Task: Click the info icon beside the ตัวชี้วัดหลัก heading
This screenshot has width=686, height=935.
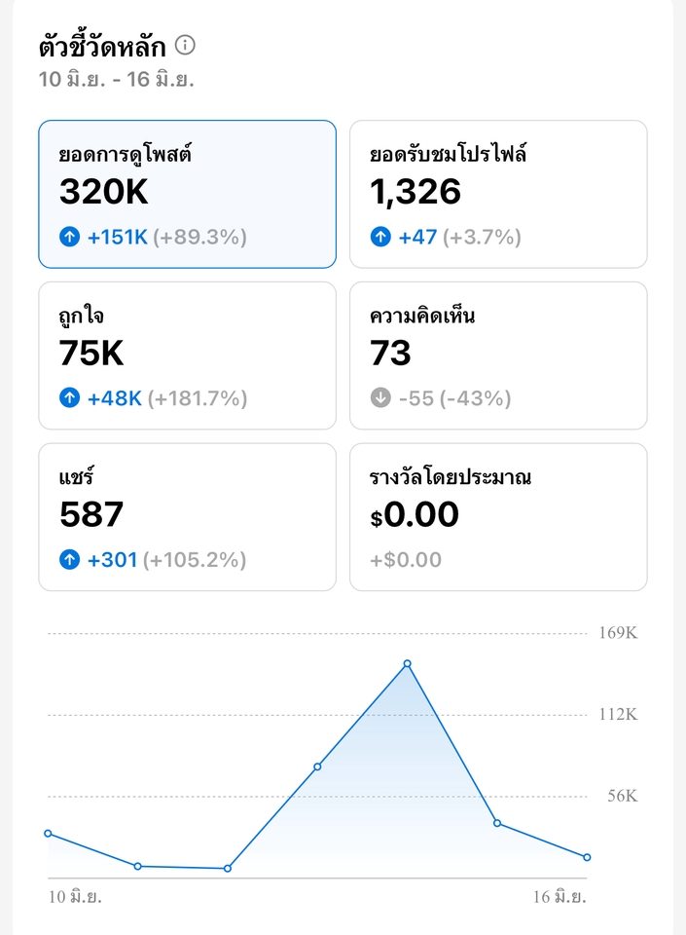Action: pos(185,45)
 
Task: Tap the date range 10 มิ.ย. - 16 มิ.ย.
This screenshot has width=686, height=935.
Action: pos(117,80)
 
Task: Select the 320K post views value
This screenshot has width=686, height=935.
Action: pos(104,192)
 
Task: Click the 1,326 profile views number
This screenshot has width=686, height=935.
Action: pos(415,192)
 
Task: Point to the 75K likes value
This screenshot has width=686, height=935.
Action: pos(92,354)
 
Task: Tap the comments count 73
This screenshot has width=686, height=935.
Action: pos(390,354)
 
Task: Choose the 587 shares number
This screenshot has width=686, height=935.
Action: pos(91,514)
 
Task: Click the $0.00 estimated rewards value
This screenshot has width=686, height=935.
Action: pos(415,514)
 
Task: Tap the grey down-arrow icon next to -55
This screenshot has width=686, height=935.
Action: pos(380,398)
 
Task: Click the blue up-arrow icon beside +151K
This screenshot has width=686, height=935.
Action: pos(69,237)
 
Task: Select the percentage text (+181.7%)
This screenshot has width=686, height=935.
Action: pos(198,398)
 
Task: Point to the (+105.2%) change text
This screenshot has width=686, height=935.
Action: pos(195,560)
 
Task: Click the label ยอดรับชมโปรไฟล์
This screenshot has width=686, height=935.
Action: pos(449,154)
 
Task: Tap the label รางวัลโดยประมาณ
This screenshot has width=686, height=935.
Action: pos(451,477)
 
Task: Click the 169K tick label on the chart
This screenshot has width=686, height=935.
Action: pos(618,633)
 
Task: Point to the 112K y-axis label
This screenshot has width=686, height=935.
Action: pos(618,715)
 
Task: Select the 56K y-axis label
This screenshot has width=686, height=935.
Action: pos(622,796)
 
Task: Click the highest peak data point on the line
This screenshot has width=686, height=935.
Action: pos(407,663)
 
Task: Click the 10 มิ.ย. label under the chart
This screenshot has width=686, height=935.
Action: pos(76,896)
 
